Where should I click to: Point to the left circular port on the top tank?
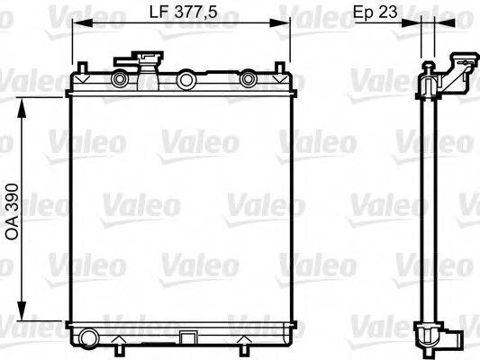pyautogui.click(x=118, y=80)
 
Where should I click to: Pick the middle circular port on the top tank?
pyautogui.click(x=186, y=80)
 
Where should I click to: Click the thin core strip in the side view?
pyautogui.click(x=426, y=207)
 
